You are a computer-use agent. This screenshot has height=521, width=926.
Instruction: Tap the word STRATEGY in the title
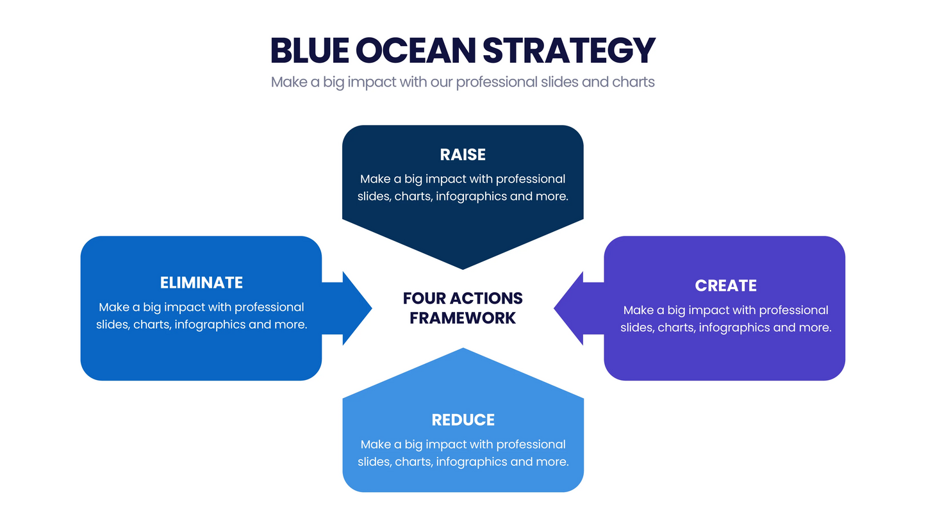point(569,50)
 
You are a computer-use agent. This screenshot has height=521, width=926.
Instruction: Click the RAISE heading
point(463,154)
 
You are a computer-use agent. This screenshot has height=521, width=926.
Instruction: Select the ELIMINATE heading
point(201,283)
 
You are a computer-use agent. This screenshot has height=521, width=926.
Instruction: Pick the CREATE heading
point(725,285)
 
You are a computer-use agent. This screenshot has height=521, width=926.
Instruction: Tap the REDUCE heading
point(463,420)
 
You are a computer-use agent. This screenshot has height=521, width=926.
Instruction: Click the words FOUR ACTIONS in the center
point(463,299)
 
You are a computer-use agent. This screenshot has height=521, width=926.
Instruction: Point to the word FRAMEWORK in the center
point(463,318)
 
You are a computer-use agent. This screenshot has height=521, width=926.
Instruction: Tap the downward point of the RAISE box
point(463,260)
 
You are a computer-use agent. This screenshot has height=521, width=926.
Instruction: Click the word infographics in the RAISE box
point(471,196)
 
